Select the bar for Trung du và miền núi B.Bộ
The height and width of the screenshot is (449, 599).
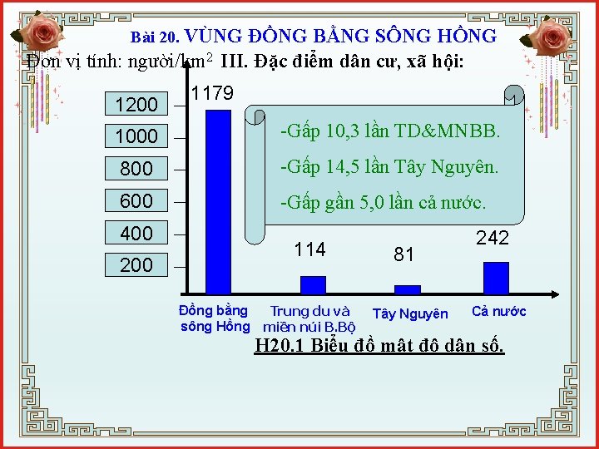[313, 284]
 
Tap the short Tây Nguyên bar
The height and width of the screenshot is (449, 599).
[407, 289]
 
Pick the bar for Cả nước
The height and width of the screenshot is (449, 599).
[495, 278]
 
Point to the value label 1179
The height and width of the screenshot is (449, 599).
[212, 93]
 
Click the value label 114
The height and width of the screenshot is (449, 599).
[310, 249]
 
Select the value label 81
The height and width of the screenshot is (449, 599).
[404, 254]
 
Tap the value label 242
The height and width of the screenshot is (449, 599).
[493, 238]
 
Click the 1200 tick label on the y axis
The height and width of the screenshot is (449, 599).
[136, 105]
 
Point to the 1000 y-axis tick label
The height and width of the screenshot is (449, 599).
[136, 136]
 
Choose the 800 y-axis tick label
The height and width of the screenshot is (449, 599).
[136, 169]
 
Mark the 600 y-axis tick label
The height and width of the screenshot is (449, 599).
[136, 201]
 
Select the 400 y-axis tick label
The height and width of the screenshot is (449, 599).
[136, 234]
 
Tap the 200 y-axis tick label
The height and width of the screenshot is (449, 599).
[136, 265]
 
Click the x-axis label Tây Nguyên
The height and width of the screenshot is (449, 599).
[410, 313]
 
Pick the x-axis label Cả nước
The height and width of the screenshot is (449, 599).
[499, 312]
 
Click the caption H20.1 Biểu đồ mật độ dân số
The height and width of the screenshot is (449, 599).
[379, 346]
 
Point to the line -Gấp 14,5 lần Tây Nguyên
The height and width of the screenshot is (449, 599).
[389, 167]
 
